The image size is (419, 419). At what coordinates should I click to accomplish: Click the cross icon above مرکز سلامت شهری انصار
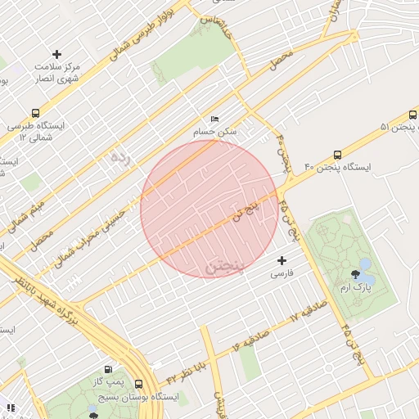pyautogui.click(x=56, y=53)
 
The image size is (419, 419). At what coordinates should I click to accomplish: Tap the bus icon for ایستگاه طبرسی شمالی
pyautogui.click(x=35, y=113)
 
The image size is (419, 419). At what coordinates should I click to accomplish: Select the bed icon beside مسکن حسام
pyautogui.click(x=215, y=119)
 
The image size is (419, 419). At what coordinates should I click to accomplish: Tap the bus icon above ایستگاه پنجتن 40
pyautogui.click(x=337, y=155)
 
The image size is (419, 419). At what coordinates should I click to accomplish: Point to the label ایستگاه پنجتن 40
pyautogui.click(x=337, y=167)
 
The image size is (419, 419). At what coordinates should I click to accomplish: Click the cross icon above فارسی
pyautogui.click(x=282, y=260)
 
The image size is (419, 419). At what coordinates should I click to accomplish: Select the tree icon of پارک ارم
pyautogui.click(x=355, y=275)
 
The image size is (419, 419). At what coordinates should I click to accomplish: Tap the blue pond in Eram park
pyautogui.click(x=365, y=266)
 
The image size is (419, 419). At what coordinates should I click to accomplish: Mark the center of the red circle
pyautogui.click(x=209, y=209)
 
